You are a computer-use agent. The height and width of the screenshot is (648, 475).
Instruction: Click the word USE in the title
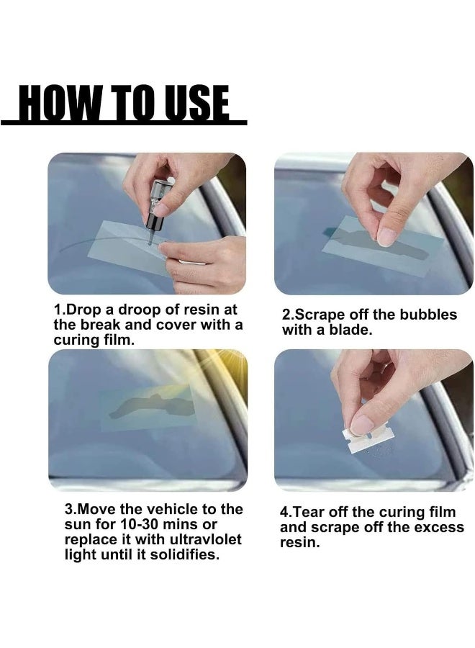tap(198, 104)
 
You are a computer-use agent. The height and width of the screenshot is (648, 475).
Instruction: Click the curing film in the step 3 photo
tap(148, 408)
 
